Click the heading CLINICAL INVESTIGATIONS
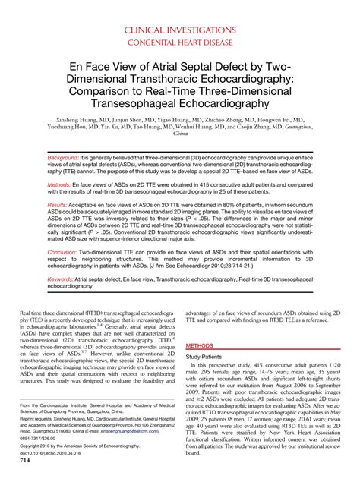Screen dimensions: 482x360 [180, 30]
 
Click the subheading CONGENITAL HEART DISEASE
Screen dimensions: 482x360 [180, 43]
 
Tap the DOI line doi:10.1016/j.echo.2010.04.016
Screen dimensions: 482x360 [59, 454]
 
